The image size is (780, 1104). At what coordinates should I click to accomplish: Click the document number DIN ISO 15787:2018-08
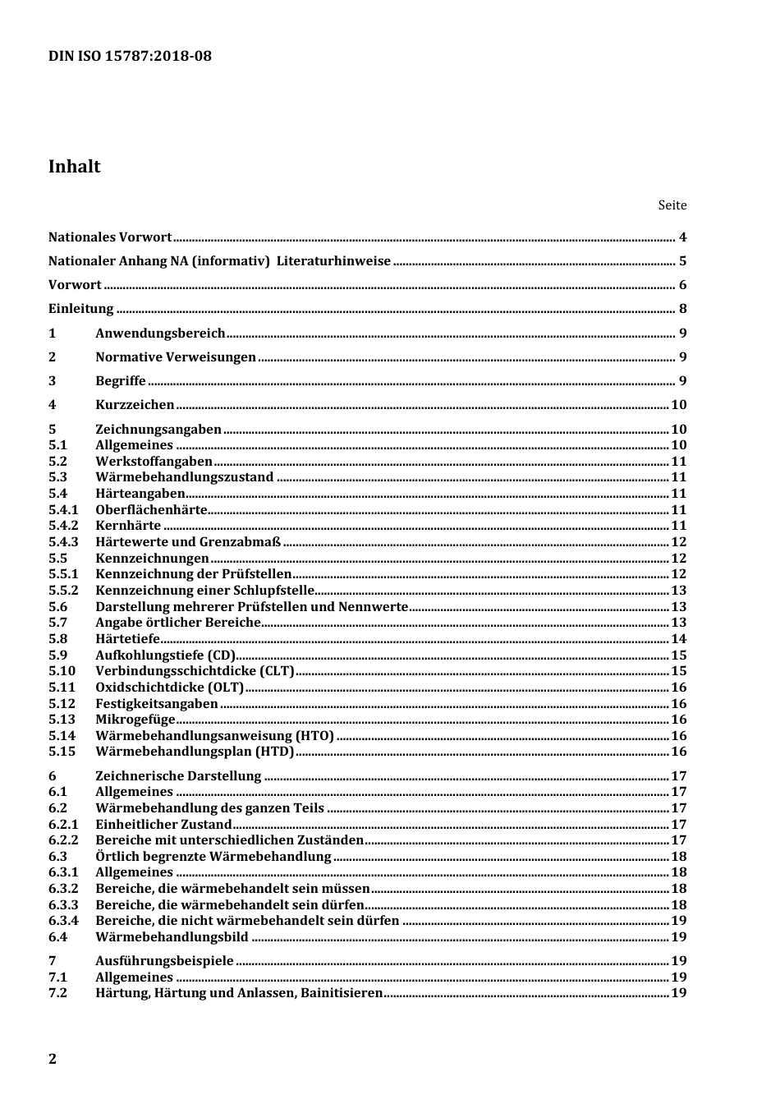click(x=130, y=56)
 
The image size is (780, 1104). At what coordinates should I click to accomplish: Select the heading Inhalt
click(x=74, y=167)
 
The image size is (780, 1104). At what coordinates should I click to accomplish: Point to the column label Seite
click(x=672, y=205)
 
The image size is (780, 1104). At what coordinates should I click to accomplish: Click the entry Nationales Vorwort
click(x=110, y=237)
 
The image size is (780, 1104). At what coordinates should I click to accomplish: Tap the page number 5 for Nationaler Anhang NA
click(x=682, y=261)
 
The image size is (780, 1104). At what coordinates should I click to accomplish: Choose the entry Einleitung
click(x=81, y=309)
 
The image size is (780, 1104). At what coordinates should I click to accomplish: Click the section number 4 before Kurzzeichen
click(x=53, y=404)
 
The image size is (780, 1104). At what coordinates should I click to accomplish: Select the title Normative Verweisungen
click(x=176, y=356)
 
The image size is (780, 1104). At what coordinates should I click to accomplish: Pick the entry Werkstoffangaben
click(x=154, y=461)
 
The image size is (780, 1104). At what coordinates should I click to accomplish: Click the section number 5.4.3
click(x=63, y=541)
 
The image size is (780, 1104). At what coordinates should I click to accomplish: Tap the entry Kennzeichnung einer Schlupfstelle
click(x=204, y=590)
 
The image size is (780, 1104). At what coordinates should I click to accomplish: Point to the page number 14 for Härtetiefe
click(x=679, y=638)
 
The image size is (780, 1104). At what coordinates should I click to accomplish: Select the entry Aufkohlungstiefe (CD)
click(x=165, y=655)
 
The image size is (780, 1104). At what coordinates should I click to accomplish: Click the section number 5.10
click(x=62, y=671)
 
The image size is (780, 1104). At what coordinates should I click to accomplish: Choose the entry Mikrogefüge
click(x=135, y=719)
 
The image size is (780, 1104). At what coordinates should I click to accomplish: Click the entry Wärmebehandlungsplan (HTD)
click(x=195, y=751)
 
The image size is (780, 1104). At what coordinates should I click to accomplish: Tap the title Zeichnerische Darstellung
click(x=178, y=775)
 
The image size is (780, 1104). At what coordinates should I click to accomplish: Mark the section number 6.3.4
click(x=63, y=920)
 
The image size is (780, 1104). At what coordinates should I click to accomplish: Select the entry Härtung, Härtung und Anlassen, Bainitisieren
click(x=239, y=992)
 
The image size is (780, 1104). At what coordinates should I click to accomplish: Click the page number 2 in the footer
click(x=53, y=1058)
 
